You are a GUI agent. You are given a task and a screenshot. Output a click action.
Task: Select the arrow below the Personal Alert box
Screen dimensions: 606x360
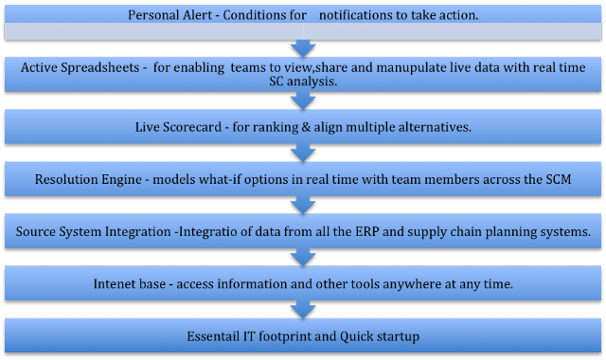[303, 48]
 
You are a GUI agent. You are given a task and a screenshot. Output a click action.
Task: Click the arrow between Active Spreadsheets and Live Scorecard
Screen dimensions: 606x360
[303, 100]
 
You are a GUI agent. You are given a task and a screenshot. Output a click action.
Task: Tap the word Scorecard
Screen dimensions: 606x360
[192, 127]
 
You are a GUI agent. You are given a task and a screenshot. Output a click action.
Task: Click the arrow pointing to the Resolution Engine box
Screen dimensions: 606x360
[303, 153]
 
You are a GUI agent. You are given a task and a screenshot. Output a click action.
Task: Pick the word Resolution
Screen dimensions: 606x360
[67, 179]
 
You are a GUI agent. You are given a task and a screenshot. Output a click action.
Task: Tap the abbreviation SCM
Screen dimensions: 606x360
[559, 179]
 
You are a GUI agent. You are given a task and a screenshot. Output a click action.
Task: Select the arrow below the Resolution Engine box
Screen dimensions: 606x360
[303, 206]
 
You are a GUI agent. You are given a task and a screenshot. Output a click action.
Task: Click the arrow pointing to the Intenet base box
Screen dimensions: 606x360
[303, 258]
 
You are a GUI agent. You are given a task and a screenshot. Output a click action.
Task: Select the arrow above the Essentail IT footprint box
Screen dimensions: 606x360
[303, 310]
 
